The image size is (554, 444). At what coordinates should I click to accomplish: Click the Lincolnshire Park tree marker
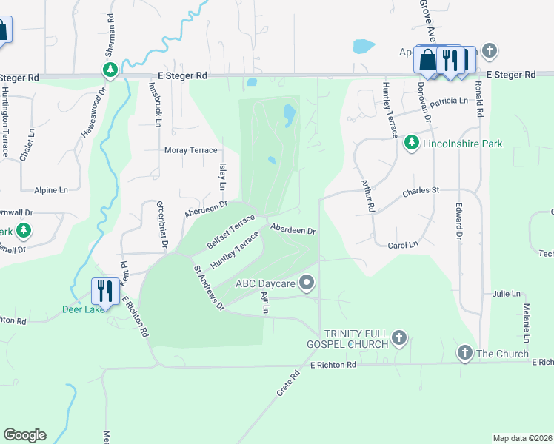coord(412,142)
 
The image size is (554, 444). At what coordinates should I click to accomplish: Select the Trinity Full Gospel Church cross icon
coord(398,338)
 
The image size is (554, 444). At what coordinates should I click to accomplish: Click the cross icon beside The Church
coord(464,353)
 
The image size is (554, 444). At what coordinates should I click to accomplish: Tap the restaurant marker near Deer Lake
coord(104,291)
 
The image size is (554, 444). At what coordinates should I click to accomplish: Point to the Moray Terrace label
coord(190,150)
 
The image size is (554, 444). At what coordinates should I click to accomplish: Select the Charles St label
coord(421,191)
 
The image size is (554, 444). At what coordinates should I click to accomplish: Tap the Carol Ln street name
coord(403,243)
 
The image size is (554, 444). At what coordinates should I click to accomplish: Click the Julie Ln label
coord(506,294)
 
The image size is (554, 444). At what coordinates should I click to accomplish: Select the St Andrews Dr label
coord(209,287)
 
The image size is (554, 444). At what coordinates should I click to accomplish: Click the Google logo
coord(24,435)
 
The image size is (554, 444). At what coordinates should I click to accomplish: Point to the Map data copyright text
coord(522,438)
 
